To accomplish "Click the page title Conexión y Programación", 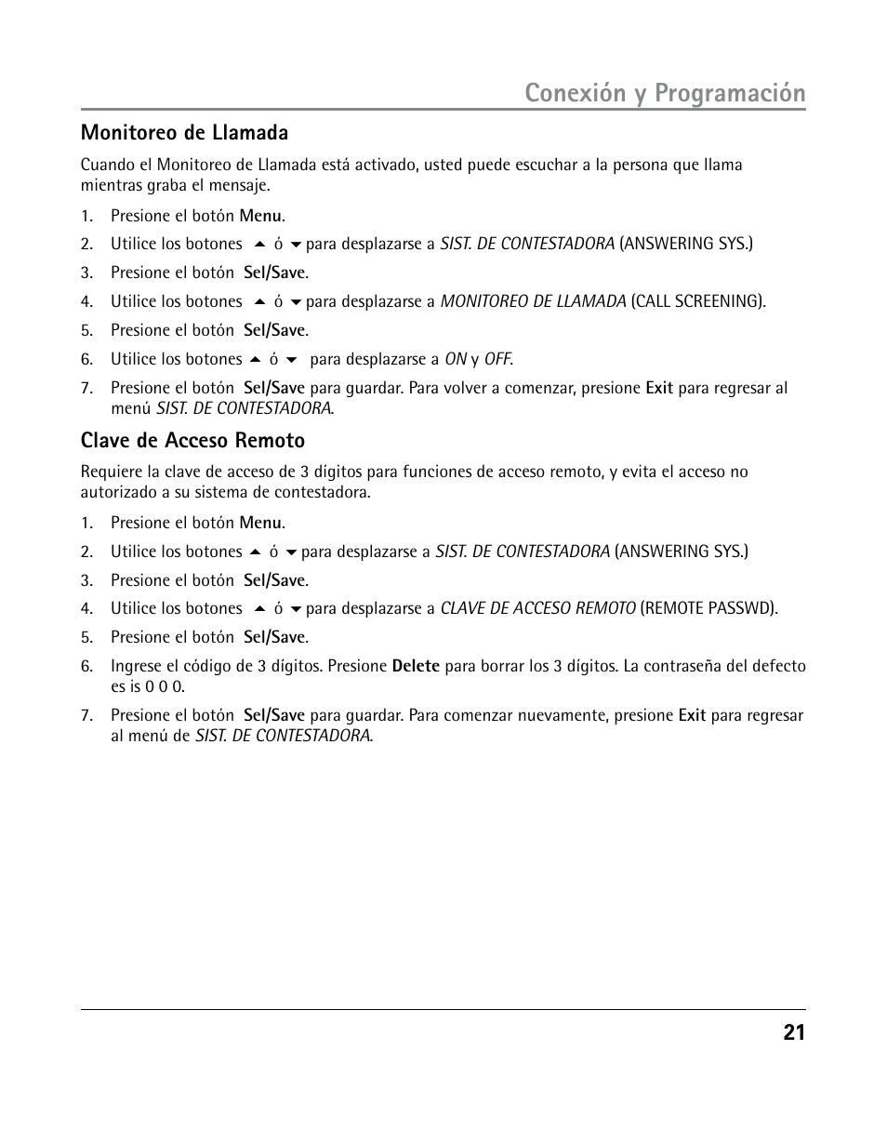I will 664,93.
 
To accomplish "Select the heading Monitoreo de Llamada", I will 184,132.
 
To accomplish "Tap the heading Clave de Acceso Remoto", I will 192,440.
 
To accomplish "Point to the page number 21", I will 793,1032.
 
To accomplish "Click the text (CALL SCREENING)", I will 698,301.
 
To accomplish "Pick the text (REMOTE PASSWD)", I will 709,608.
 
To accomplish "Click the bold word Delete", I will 416,666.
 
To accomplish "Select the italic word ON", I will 455,359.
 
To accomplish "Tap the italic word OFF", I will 497,359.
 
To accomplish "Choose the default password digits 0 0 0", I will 164,686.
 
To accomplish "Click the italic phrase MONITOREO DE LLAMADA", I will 533,301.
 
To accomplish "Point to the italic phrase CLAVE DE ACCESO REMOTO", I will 538,608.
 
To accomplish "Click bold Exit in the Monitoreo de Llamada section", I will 659,388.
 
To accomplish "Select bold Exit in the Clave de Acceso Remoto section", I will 692,715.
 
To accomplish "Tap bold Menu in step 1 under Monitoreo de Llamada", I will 260,216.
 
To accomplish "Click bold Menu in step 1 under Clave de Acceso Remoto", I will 260,523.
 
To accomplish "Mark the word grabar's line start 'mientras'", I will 108,185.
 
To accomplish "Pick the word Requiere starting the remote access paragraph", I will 110,472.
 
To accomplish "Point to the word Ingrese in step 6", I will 136,666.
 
